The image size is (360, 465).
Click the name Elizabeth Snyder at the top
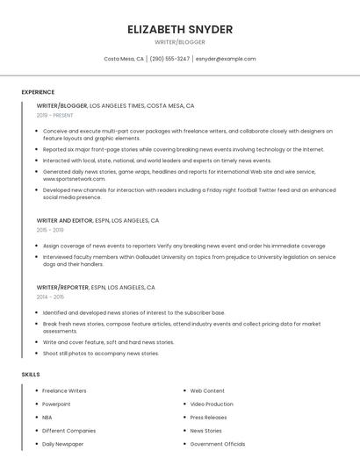click(x=180, y=29)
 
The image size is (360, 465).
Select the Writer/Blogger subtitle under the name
click(x=180, y=42)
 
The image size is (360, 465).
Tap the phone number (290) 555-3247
click(x=169, y=59)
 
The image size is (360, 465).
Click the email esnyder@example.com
click(x=226, y=59)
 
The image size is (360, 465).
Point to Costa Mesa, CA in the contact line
click(x=124, y=59)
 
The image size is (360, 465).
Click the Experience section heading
click(x=38, y=92)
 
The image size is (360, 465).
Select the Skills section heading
click(x=31, y=375)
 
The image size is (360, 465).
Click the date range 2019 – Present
click(x=54, y=116)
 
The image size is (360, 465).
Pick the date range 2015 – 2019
click(x=50, y=230)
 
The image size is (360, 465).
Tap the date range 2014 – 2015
click(x=50, y=297)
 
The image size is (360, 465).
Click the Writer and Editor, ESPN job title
click(x=97, y=220)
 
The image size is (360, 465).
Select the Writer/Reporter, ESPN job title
click(x=96, y=288)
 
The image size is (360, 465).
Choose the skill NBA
click(x=47, y=418)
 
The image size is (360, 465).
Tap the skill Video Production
click(x=212, y=404)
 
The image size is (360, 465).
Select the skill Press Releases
click(x=208, y=418)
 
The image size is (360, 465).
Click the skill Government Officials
click(x=218, y=444)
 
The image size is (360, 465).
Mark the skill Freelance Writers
click(x=64, y=390)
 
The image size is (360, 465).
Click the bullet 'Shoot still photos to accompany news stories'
click(x=101, y=354)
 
